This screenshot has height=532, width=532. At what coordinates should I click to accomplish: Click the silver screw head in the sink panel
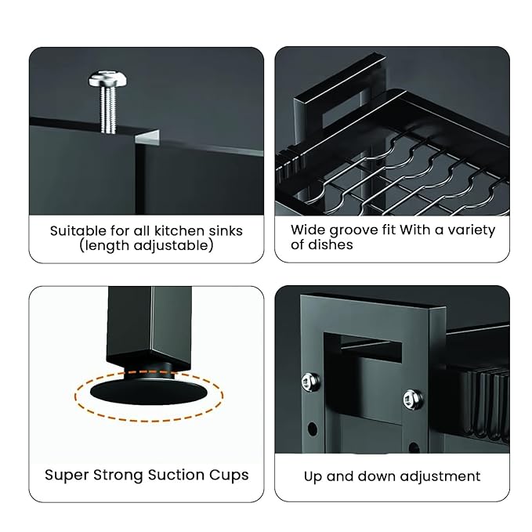tap(108, 78)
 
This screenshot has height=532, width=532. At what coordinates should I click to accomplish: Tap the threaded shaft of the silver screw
tap(108, 110)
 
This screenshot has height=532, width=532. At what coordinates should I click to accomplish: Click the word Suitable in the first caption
tap(78, 231)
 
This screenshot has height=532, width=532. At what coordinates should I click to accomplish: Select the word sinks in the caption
tap(226, 231)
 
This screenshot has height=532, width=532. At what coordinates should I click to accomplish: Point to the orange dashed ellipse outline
tap(149, 421)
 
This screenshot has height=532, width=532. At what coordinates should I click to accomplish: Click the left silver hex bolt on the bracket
tap(310, 381)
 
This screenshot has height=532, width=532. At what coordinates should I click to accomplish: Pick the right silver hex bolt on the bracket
tap(413, 399)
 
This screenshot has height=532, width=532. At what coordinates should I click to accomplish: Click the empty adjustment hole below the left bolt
tap(313, 429)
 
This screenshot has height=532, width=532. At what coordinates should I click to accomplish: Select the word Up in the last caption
tap(313, 476)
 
